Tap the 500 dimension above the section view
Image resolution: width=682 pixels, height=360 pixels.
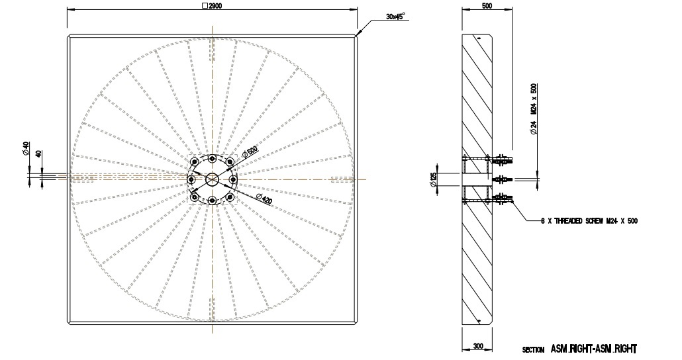(487, 5)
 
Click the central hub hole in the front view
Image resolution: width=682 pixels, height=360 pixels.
(212, 179)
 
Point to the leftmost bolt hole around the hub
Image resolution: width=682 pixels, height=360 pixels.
(191, 179)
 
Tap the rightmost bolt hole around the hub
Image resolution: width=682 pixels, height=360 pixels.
(233, 179)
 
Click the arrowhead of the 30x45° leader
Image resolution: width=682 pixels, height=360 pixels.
(358, 34)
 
